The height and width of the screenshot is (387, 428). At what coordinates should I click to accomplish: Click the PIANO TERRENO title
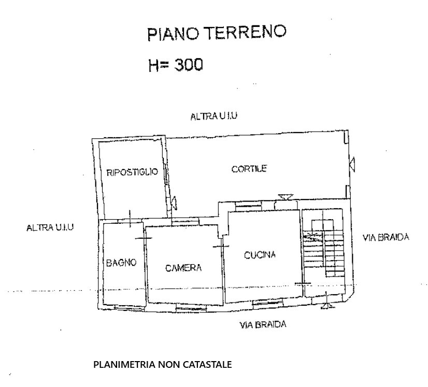point(217,33)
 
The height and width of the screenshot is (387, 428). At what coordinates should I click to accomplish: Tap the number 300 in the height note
point(189,65)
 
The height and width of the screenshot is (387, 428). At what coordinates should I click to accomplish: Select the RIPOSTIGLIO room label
point(132,172)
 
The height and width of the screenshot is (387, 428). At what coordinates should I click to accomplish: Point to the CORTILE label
point(249,169)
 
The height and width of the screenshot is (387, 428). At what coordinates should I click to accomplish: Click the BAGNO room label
point(121,263)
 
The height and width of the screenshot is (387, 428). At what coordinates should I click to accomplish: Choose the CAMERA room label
point(183,268)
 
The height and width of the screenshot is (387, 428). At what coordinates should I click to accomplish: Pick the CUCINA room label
point(260,255)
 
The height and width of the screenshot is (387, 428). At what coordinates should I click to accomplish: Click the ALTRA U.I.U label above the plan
point(213,116)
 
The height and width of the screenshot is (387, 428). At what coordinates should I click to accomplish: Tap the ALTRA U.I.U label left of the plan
point(50,227)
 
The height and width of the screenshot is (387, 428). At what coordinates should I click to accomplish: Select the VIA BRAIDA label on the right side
point(386,237)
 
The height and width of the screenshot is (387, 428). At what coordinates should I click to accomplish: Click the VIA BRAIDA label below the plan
point(263,325)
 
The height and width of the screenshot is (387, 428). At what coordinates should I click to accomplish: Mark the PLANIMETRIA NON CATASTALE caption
point(162,364)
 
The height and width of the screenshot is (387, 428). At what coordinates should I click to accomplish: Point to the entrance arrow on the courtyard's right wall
point(352,165)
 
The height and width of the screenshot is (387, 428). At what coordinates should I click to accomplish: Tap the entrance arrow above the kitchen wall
point(286,197)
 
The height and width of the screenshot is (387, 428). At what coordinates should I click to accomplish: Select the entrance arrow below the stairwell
point(327,305)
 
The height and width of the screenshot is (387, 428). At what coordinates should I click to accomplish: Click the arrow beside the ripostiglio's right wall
point(174,203)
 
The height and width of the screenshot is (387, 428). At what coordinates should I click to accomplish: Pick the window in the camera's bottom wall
point(191,308)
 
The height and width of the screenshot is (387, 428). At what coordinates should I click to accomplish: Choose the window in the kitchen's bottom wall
point(267,303)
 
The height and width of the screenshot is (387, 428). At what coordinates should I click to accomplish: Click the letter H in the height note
point(154,65)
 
